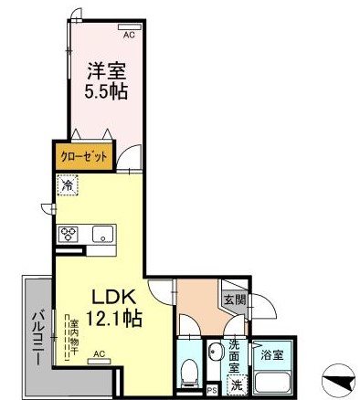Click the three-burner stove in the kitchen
tap(69, 233)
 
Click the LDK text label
tap(112, 298)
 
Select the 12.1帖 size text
tap(112, 319)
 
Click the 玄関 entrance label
tap(232, 300)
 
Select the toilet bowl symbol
tap(187, 371)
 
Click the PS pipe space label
tap(211, 386)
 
